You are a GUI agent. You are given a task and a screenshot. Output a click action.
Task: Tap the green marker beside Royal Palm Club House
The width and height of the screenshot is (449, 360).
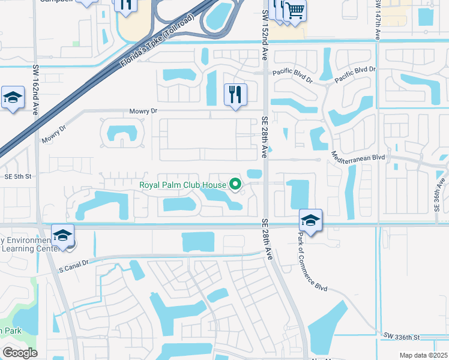(x=235, y=185)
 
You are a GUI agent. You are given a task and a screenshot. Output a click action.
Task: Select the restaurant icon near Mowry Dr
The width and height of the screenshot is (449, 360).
(x=235, y=94)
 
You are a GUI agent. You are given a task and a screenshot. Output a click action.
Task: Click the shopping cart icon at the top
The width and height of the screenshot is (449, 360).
(x=294, y=10)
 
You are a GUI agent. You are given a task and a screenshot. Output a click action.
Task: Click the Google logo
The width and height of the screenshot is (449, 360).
(x=20, y=353)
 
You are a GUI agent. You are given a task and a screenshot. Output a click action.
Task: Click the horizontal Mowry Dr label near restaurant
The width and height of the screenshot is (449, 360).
(x=143, y=112)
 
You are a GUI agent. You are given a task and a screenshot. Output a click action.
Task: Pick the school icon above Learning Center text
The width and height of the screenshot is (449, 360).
(x=62, y=236)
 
